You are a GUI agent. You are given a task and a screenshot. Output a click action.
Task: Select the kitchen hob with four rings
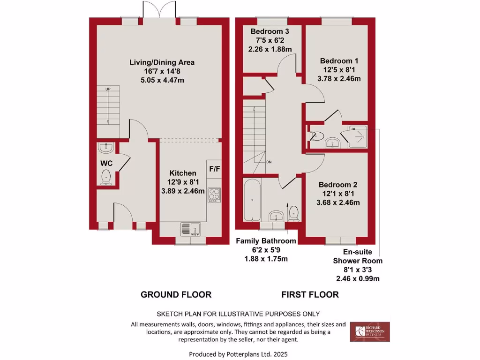click(214, 195)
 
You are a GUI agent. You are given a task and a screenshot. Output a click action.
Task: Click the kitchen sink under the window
click(190, 229)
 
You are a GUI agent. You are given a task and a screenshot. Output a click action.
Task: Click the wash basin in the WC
click(106, 148)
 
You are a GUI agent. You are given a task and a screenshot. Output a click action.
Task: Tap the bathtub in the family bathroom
click(252, 200)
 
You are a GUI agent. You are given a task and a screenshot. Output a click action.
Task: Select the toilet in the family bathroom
click(294, 213)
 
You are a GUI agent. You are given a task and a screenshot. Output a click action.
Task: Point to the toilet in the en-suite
click(317, 136)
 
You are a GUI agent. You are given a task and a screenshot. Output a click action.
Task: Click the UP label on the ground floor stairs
click(108, 89)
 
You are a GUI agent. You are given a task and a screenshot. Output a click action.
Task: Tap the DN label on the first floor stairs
click(269, 162)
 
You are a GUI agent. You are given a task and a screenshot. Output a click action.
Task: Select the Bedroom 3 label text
click(270, 31)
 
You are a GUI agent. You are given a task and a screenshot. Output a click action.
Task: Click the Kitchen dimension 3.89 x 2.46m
click(183, 191)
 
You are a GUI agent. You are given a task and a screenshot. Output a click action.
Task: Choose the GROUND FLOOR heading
click(176, 295)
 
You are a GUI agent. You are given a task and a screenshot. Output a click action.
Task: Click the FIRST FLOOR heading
click(310, 295)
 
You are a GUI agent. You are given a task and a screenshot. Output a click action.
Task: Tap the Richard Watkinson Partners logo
click(373, 331)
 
